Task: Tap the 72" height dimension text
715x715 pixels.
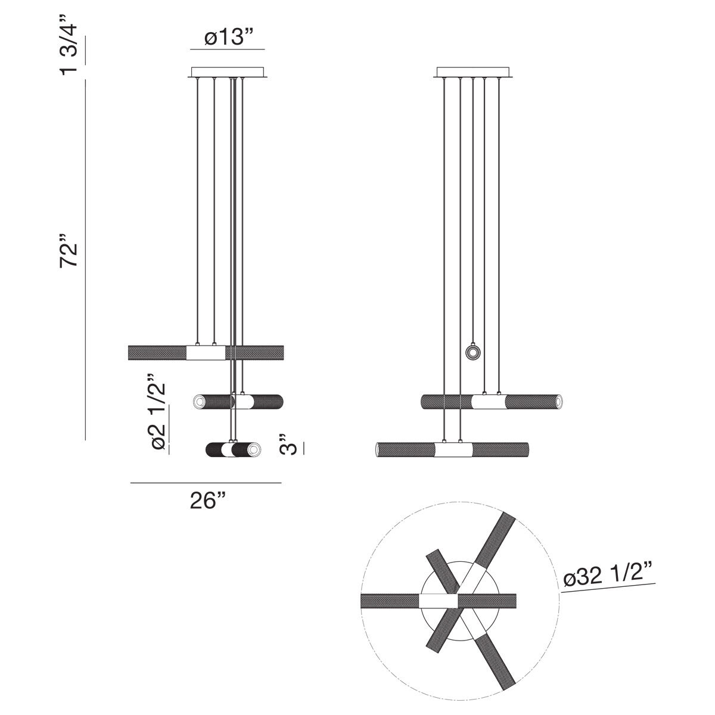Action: [x=70, y=255]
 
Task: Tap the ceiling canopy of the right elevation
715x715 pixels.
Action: [x=474, y=72]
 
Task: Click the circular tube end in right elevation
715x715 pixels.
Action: [x=473, y=353]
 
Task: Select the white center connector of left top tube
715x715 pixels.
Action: [x=206, y=353]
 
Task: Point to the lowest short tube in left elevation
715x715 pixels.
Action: [x=232, y=449]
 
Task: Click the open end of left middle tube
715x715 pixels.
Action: [x=198, y=402]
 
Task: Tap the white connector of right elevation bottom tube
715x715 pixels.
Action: [x=453, y=450]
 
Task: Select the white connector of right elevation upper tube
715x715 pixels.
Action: [x=489, y=402]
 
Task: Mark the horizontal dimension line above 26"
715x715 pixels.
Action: [x=206, y=483]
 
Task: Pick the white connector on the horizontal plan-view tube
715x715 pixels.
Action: [x=439, y=601]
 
